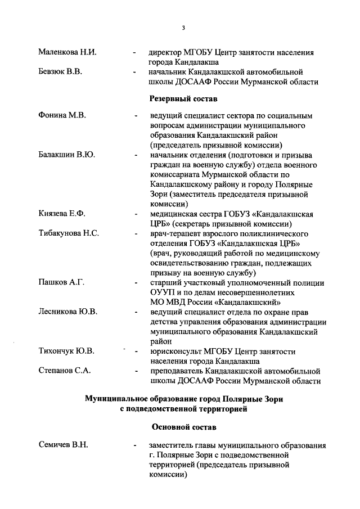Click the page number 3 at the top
(183, 28)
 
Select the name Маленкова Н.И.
(67, 52)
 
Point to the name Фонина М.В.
(62, 116)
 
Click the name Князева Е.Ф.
(62, 214)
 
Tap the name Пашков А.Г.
(61, 282)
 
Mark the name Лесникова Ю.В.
(67, 312)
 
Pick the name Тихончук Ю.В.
(66, 351)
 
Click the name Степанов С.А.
(64, 371)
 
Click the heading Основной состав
(183, 427)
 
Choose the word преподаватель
(179, 371)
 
